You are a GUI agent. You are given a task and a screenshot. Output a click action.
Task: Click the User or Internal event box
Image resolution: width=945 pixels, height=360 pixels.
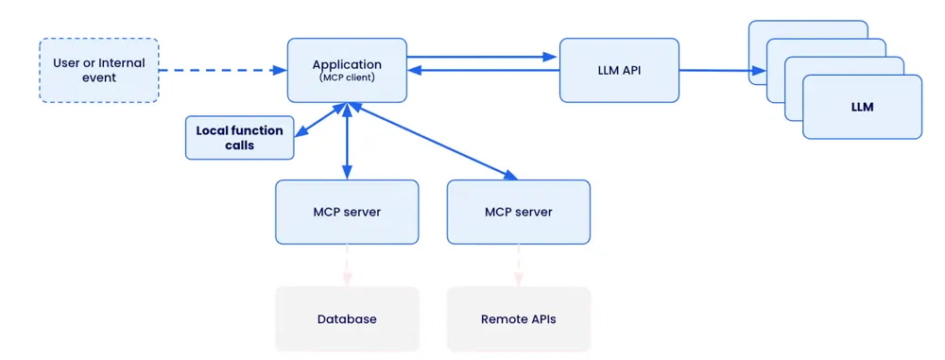pyautogui.click(x=98, y=70)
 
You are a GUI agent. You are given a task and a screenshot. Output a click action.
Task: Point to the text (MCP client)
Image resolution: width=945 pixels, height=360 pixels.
pyautogui.click(x=347, y=77)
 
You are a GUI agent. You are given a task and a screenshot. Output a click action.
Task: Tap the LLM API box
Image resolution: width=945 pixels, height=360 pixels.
pyautogui.click(x=619, y=70)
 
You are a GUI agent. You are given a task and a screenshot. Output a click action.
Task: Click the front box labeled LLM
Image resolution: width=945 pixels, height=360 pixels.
pyautogui.click(x=862, y=107)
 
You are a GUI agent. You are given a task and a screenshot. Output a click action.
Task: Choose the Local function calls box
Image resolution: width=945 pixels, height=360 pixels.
pyautogui.click(x=239, y=138)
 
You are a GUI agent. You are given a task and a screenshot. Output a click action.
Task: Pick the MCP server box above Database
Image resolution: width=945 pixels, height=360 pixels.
pyautogui.click(x=346, y=212)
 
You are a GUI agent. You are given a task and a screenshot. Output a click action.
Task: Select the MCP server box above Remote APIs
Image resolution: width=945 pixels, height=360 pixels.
pyautogui.click(x=518, y=212)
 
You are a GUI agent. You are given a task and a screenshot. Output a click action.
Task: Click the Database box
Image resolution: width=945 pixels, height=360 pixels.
pyautogui.click(x=346, y=318)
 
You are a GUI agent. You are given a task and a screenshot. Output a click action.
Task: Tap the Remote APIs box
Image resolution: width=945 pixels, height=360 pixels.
pyautogui.click(x=518, y=318)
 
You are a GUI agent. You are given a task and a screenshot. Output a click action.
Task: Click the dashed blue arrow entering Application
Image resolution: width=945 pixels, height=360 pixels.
pyautogui.click(x=222, y=70)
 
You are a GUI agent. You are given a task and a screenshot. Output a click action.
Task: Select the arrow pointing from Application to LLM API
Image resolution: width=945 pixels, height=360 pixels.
pyautogui.click(x=482, y=57)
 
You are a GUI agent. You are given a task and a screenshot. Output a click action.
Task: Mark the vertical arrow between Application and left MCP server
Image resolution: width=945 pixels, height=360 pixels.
pyautogui.click(x=347, y=142)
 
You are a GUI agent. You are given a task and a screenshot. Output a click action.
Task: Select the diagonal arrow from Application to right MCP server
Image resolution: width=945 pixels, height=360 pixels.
pyautogui.click(x=435, y=142)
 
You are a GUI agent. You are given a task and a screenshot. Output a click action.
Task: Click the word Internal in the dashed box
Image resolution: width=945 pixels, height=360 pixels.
pyautogui.click(x=121, y=63)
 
